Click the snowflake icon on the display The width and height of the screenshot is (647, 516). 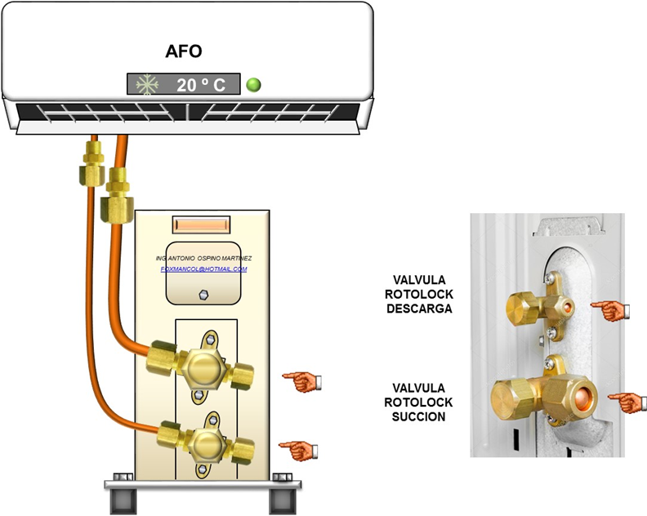pos(147,84)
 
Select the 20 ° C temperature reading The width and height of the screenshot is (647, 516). pos(202,84)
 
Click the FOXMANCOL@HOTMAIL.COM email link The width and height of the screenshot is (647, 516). pos(203,269)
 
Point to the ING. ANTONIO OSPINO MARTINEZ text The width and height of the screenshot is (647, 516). pos(203,258)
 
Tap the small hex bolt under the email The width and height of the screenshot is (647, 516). pos(203,293)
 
